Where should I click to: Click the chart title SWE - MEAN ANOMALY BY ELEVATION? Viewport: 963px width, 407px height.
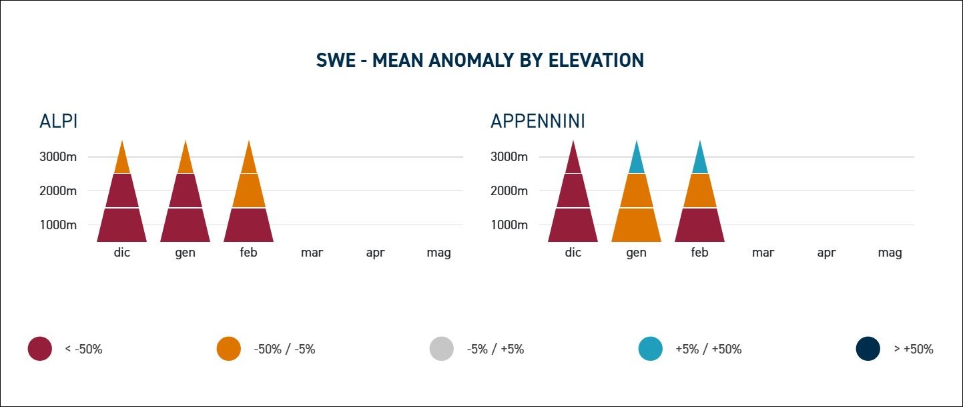click(x=480, y=60)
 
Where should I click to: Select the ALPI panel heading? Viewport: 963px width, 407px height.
click(x=59, y=122)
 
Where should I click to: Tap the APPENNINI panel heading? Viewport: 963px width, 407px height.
click(x=538, y=122)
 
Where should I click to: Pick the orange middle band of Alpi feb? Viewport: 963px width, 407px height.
click(x=249, y=191)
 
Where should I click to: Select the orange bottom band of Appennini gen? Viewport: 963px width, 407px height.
click(x=637, y=225)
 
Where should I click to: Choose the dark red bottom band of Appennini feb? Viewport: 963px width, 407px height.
click(x=699, y=225)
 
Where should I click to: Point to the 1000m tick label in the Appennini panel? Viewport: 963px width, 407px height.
click(x=509, y=225)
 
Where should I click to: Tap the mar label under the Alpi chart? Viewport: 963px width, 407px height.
click(x=312, y=253)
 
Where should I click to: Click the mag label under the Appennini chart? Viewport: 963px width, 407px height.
click(x=890, y=253)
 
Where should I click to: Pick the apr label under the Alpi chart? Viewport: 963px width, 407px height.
click(x=375, y=253)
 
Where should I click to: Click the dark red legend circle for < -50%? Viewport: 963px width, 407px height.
click(x=40, y=349)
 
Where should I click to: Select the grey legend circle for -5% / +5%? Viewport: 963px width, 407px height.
click(x=442, y=349)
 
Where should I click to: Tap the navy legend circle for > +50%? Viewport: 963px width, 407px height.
click(x=868, y=349)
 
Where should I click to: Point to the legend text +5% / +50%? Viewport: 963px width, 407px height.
click(x=708, y=349)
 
